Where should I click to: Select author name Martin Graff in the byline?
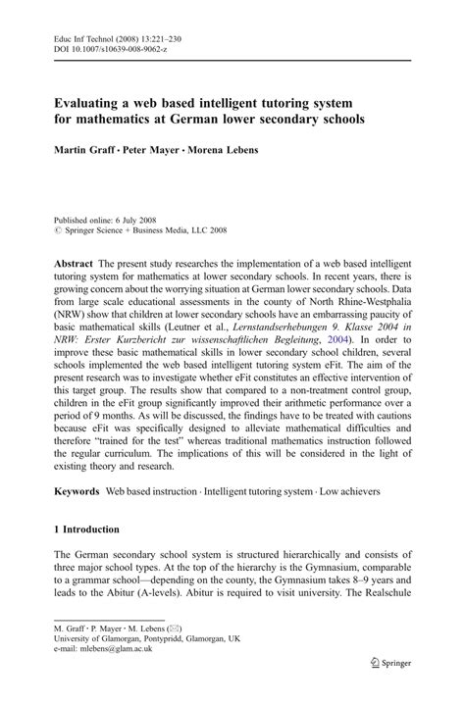click(x=81, y=152)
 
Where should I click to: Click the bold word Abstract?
click(x=74, y=265)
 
